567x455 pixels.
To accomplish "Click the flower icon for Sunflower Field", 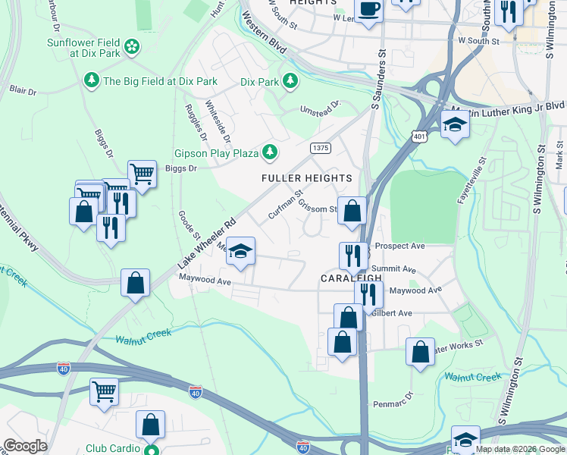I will pos(132,47).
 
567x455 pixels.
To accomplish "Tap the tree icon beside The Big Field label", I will pos(91,80).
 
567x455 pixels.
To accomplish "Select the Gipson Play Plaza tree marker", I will pos(269,154).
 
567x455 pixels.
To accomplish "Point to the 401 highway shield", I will pos(419,136).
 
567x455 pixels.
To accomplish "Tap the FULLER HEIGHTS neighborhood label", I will pos(307,178).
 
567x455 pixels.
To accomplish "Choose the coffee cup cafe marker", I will pos(368,11).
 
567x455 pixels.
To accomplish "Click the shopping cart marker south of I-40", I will pos(104,392).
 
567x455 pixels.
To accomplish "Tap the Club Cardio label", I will pos(116,448).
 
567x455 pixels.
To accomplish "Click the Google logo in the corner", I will pos(25,446).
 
